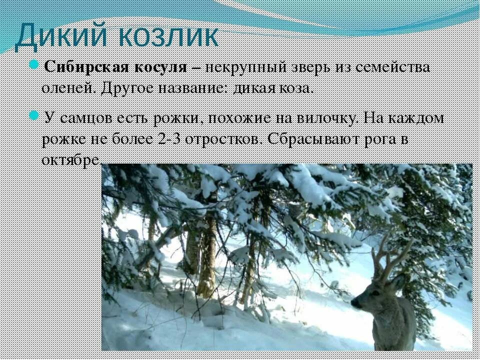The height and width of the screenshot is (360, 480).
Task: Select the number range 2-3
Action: tap(169, 138)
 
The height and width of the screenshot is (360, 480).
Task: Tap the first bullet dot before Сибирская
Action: tap(34, 65)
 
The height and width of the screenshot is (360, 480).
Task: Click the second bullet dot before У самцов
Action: tap(34, 116)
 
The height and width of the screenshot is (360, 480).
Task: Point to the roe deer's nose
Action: tap(353, 302)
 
